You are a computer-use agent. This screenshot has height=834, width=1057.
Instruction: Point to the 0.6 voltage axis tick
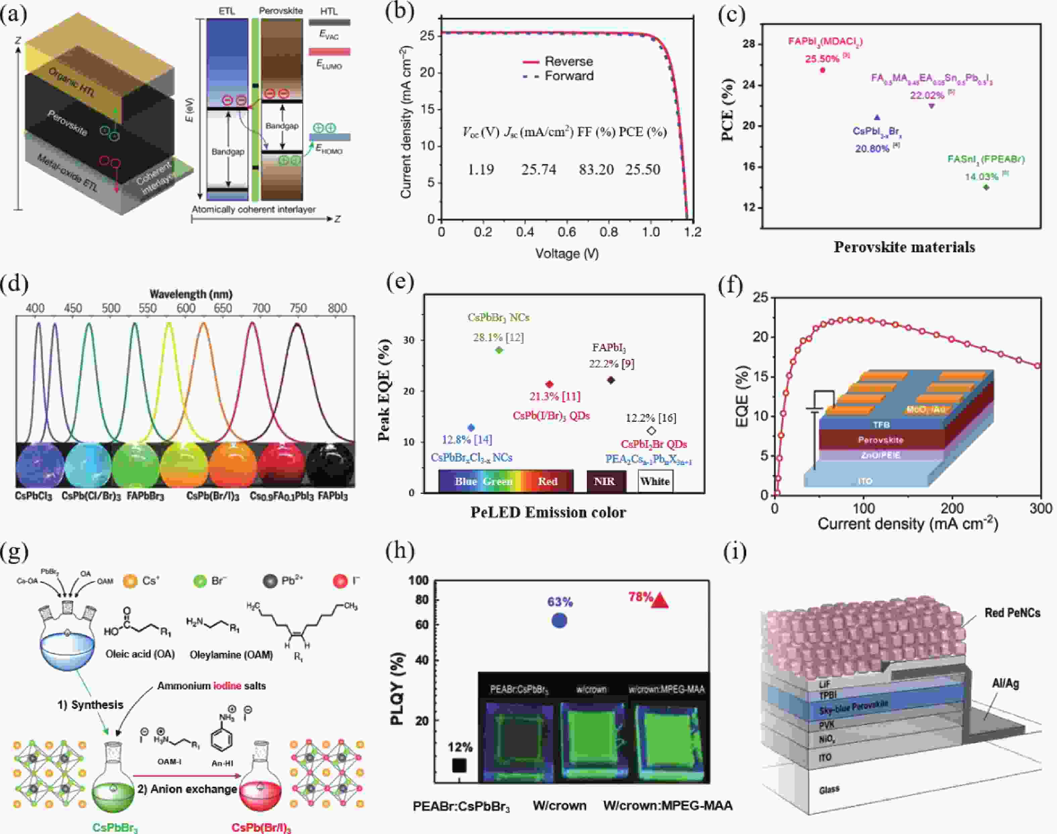567,232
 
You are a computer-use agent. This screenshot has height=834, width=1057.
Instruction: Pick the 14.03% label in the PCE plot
981,177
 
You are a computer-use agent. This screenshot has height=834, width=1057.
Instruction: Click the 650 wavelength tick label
223,308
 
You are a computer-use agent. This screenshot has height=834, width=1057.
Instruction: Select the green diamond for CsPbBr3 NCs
499,350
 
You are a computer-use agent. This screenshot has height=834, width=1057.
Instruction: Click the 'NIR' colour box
604,481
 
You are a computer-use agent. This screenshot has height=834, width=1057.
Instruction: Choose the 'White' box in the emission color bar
655,481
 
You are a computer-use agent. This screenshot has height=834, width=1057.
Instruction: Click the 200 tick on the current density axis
952,508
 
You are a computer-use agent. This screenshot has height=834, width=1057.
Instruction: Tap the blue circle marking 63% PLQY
559,621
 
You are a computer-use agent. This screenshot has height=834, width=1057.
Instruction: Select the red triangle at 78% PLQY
660,601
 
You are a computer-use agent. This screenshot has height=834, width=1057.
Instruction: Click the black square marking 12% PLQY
459,765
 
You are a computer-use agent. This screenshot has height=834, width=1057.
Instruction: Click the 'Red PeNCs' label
1012,613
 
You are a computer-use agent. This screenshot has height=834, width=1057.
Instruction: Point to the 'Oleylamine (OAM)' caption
231,654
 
